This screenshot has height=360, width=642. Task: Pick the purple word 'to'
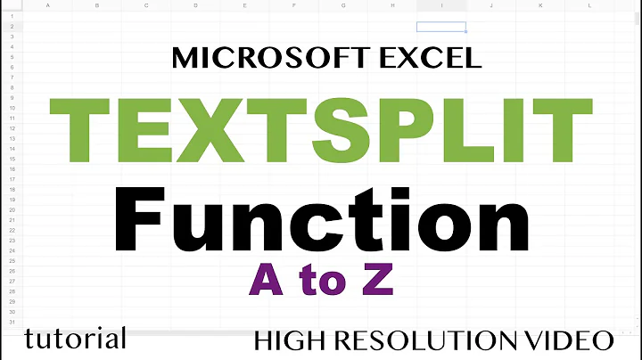(320, 283)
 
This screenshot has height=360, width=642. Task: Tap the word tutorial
(75, 339)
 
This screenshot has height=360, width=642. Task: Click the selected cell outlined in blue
(440, 27)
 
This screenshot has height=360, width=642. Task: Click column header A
(46, 5)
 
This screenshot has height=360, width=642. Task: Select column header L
(589, 5)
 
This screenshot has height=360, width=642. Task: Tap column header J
(490, 5)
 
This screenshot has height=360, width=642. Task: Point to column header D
(194, 5)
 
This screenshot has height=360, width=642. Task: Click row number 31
(11, 322)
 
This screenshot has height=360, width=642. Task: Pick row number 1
(11, 17)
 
